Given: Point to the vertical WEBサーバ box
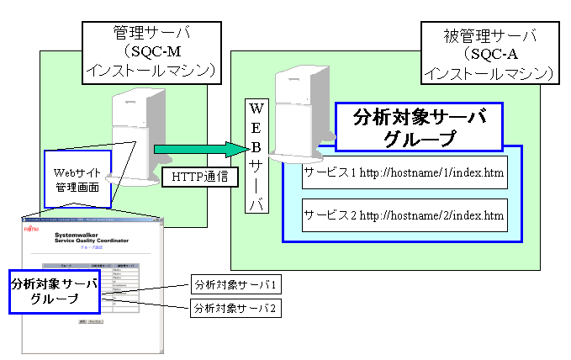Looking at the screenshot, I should (x=256, y=156).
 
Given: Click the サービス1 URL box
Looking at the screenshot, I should (x=404, y=172).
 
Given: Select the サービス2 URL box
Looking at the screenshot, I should (x=404, y=215).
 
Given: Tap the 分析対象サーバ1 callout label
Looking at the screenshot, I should (x=235, y=283).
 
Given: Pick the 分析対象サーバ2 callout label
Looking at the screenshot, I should (x=235, y=307).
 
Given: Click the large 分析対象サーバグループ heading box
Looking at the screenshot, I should (x=419, y=127).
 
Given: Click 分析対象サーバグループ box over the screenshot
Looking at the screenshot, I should (x=55, y=291).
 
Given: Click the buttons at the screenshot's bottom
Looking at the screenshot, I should (x=90, y=322).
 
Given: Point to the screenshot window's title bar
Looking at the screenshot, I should (x=93, y=220).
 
